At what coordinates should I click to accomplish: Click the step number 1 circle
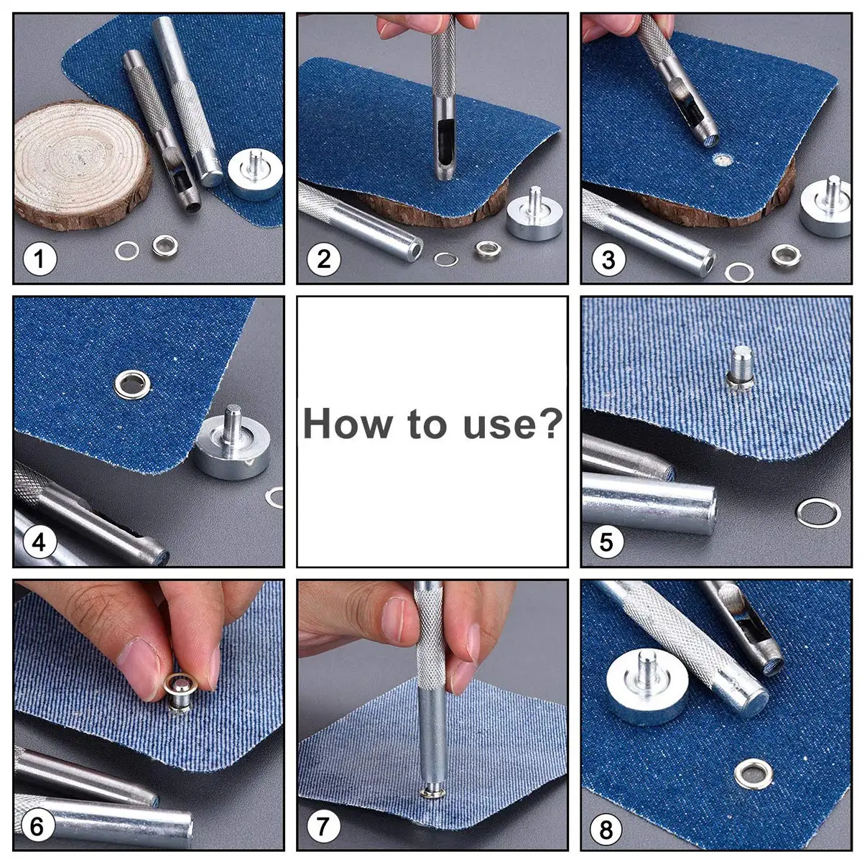[40, 259]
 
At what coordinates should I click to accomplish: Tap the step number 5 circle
[606, 542]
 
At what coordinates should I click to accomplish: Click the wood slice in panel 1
[83, 164]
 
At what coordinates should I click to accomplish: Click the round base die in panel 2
[534, 214]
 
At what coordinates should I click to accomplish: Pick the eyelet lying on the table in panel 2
[488, 249]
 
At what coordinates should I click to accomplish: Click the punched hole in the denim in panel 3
[720, 159]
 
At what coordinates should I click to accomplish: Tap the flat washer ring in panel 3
[739, 272]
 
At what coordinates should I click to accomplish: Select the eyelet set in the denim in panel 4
[133, 384]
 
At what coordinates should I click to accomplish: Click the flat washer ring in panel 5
[818, 514]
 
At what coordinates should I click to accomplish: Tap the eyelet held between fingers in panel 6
[180, 693]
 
